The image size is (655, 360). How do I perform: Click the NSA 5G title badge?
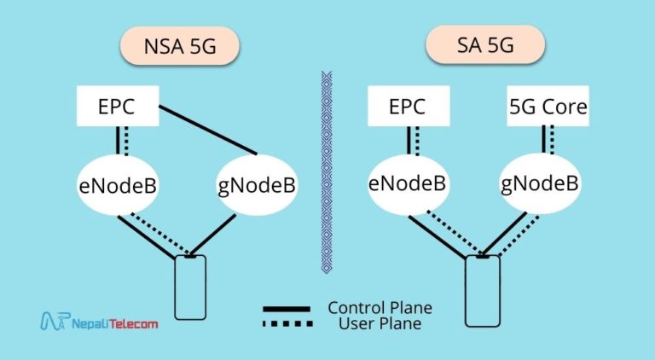(x=178, y=48)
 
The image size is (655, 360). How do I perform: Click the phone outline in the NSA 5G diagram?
(x=191, y=287)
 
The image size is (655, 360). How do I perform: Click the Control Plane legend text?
(x=380, y=307)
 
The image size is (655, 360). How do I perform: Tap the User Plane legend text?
(x=380, y=323)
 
